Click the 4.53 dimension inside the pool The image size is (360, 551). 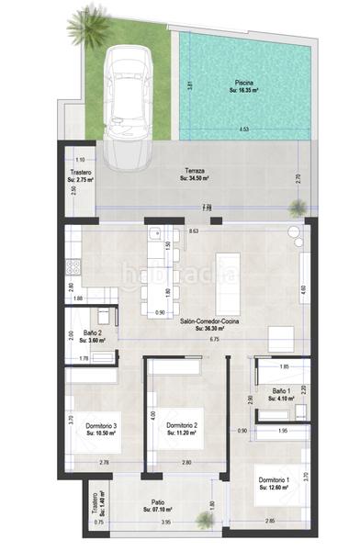pos(243,129)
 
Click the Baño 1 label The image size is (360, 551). pos(282,393)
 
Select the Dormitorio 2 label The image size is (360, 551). pos(183,429)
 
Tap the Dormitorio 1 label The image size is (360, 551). pos(275,484)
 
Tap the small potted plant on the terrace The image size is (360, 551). pos(295,233)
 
